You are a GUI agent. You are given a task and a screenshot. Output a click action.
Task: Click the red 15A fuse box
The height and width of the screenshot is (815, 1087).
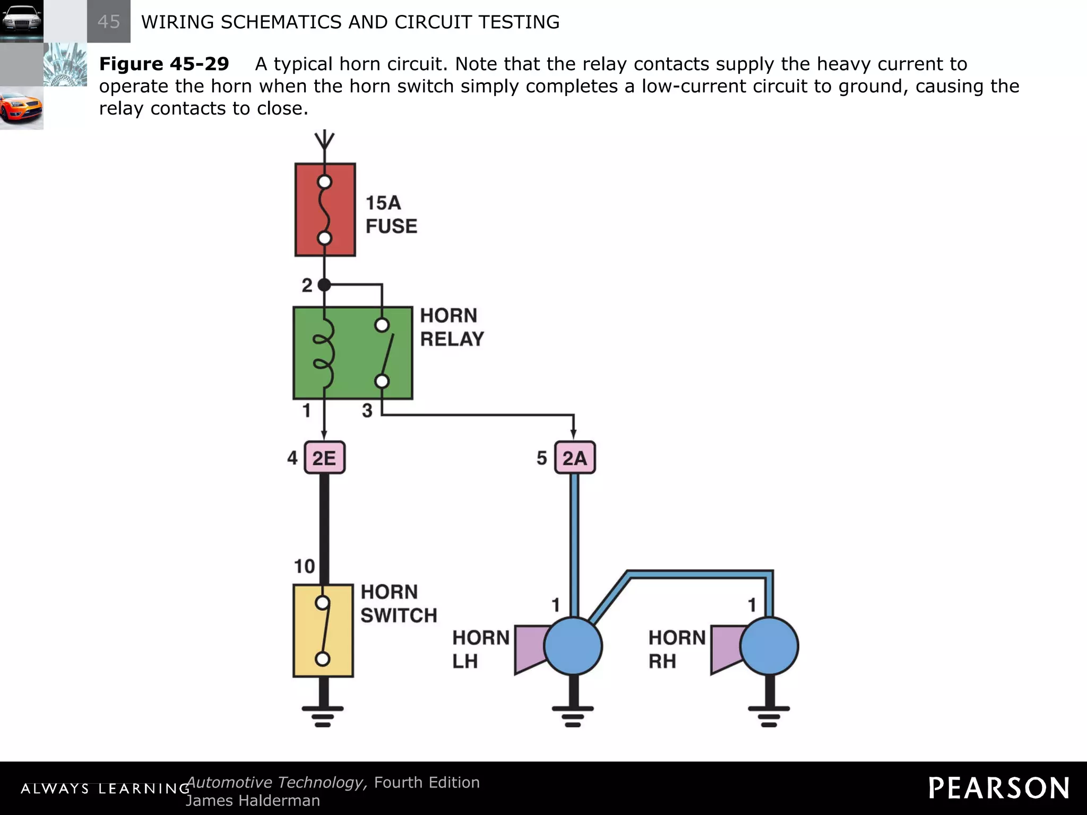point(325,210)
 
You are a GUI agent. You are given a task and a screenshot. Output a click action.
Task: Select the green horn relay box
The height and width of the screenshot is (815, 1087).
point(353,353)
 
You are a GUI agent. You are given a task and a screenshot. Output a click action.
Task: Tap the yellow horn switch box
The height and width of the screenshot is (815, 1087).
point(323,630)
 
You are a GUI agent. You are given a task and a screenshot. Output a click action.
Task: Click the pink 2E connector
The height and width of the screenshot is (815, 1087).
point(324,457)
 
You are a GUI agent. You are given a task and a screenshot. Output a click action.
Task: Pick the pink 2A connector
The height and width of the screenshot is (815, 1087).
point(574,457)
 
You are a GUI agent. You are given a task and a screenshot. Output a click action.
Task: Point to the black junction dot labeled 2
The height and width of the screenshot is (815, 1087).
point(324,285)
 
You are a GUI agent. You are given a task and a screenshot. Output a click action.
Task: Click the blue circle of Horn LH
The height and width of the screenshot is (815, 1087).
point(573,646)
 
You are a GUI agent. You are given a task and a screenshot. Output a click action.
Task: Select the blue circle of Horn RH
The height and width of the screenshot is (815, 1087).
point(769,646)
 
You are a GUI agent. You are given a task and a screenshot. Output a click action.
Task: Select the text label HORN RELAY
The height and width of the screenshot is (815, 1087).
point(452,327)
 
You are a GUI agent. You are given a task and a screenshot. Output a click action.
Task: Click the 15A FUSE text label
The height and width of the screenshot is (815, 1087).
point(391,214)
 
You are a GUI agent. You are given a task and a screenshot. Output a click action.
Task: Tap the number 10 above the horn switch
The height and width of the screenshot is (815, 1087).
point(305,566)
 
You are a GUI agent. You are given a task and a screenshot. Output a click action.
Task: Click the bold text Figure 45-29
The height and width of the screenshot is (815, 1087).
point(164,64)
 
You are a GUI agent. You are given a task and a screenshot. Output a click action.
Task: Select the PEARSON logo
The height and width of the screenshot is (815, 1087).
point(998,788)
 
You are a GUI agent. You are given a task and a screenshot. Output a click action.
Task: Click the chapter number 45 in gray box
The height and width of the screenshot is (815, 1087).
point(109,22)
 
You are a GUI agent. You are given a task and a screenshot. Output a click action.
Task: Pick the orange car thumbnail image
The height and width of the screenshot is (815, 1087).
point(21,108)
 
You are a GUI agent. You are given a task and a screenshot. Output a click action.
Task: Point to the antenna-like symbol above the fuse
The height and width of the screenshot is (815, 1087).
point(324,141)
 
